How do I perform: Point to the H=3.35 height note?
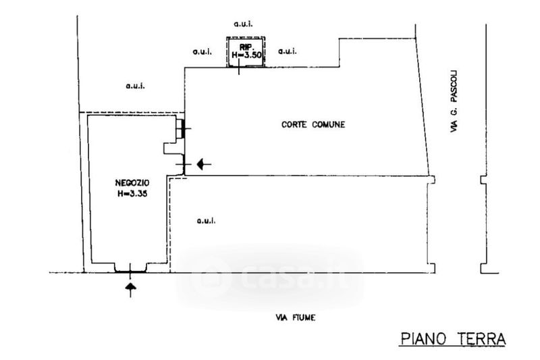pyautogui.click(x=132, y=192)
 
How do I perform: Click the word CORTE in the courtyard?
pyautogui.click(x=294, y=124)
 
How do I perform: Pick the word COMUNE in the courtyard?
pyautogui.click(x=330, y=124)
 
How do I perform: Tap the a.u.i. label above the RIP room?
pyautogui.click(x=243, y=24)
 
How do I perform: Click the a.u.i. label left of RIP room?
pyautogui.click(x=202, y=51)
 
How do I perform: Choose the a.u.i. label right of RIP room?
pyautogui.click(x=288, y=51)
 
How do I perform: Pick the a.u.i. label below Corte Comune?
pyautogui.click(x=205, y=220)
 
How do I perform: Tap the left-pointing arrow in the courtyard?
pyautogui.click(x=204, y=163)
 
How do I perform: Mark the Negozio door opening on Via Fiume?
pyautogui.click(x=132, y=271)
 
